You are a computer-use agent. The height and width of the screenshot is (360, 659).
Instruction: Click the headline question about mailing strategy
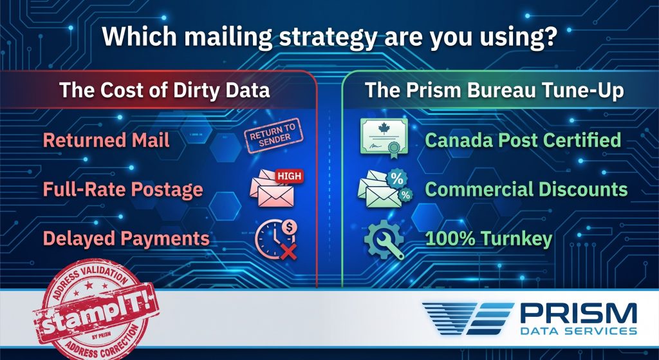(329, 37)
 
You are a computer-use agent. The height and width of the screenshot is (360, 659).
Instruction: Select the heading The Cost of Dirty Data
(164, 91)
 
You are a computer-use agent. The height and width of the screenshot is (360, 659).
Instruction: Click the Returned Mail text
(106, 140)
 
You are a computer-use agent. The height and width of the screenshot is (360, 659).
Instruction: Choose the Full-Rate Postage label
(123, 189)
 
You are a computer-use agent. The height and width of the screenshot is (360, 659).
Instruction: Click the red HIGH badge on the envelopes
(289, 176)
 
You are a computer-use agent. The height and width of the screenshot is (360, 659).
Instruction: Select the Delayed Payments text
(126, 238)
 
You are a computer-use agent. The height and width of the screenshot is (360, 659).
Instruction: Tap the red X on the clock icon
(289, 252)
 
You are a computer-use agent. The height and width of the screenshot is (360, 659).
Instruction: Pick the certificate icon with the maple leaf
(384, 138)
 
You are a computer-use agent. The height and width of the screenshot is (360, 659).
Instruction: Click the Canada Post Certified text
(523, 140)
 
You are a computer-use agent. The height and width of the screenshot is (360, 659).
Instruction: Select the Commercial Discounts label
(526, 189)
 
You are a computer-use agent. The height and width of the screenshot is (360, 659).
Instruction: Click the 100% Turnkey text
(489, 238)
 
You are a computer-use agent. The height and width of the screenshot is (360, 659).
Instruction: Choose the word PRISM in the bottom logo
(579, 314)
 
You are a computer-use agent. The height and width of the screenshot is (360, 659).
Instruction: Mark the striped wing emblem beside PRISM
(467, 318)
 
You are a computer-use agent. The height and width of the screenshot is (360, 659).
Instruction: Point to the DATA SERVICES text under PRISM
(579, 332)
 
